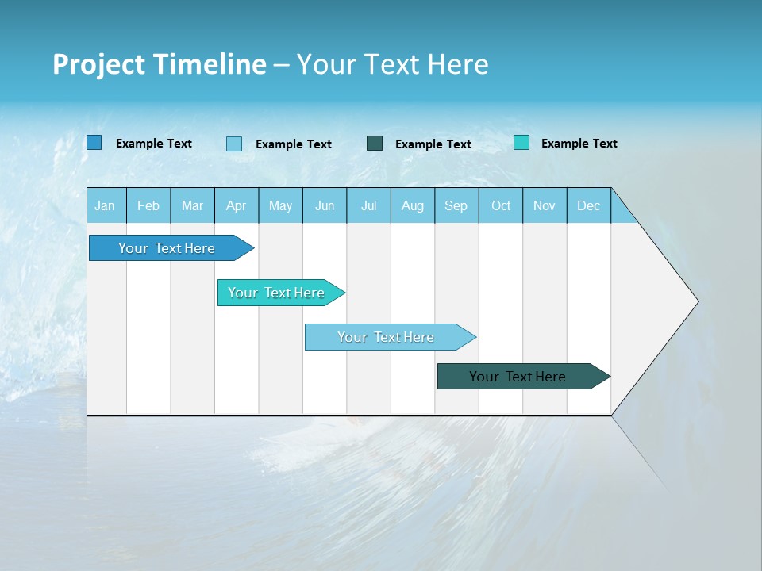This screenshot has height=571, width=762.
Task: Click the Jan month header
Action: click(x=105, y=206)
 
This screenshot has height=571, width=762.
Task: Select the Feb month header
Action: click(x=148, y=206)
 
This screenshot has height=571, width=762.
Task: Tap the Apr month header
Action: click(x=236, y=206)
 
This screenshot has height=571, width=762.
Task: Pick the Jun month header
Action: click(x=325, y=206)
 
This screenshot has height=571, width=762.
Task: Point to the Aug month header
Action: click(x=412, y=206)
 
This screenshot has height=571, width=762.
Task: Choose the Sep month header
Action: click(x=456, y=206)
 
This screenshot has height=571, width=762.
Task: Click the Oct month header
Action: click(x=501, y=206)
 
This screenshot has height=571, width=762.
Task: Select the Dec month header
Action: click(x=588, y=206)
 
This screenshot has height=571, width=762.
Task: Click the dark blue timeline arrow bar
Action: click(x=167, y=248)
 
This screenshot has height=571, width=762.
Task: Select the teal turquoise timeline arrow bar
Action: click(x=276, y=293)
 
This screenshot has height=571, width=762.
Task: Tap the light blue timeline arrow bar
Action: click(x=386, y=337)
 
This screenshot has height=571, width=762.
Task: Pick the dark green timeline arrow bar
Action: click(x=518, y=377)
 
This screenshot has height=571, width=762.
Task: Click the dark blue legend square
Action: click(x=94, y=143)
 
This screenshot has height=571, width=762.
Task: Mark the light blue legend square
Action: click(x=234, y=144)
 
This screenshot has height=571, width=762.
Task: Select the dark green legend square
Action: click(x=375, y=144)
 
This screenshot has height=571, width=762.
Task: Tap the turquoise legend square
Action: click(x=521, y=143)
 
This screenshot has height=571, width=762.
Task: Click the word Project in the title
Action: click(x=99, y=64)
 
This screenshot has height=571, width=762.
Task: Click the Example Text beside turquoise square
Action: click(x=579, y=144)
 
